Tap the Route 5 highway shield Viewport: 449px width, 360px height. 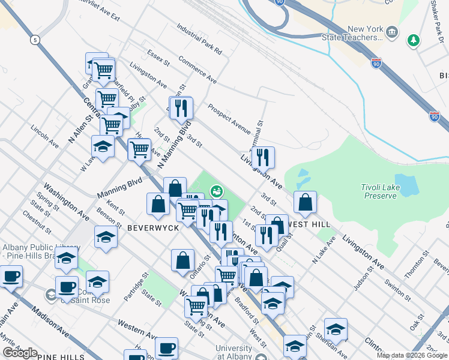tap(35, 40)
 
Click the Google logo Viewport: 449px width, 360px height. tap(20, 353)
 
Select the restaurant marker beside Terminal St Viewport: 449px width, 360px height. tap(263, 157)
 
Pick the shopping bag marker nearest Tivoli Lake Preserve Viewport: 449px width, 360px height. tap(306, 202)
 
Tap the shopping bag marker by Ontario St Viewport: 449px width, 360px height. tap(182, 260)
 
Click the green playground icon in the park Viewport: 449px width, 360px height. tap(215, 191)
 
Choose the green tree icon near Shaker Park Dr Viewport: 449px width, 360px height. tap(413, 41)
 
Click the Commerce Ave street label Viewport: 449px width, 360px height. tap(197, 70)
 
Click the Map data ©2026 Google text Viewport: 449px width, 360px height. tap(412, 355)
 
